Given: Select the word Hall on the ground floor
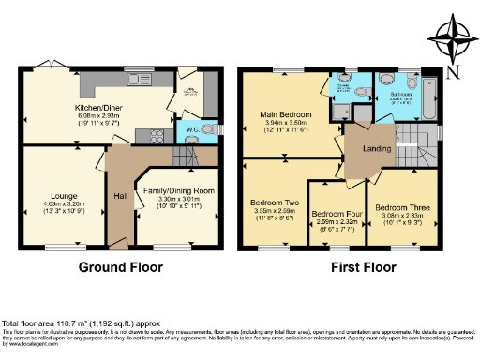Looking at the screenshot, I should [120, 197].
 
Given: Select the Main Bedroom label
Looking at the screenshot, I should [284, 116].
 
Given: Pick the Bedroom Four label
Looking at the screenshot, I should [336, 213].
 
